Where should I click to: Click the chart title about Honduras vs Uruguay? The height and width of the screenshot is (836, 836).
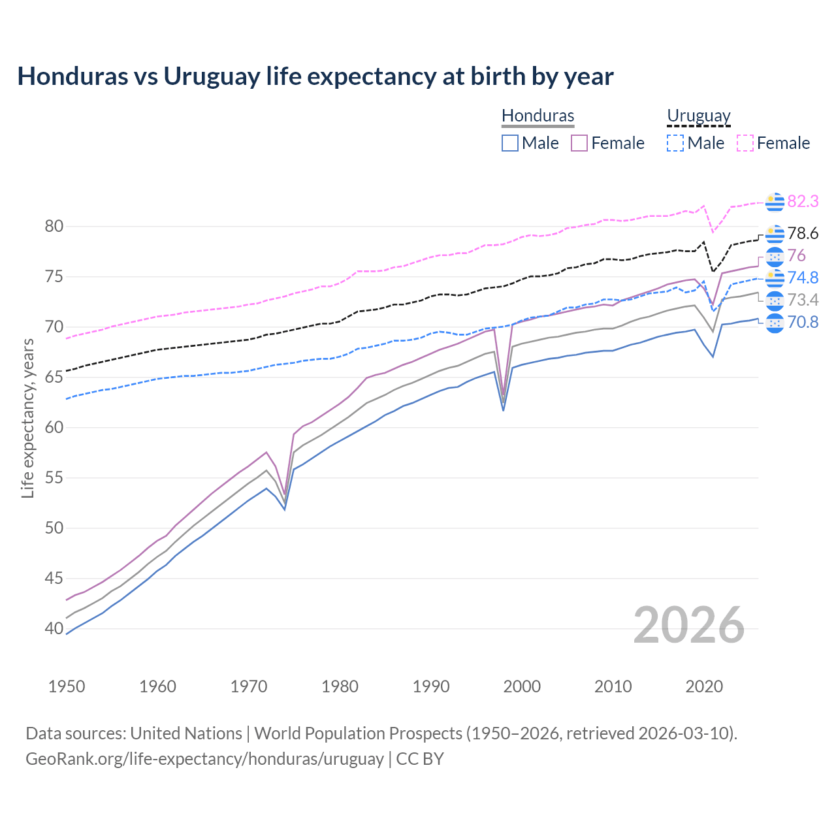pos(315,76)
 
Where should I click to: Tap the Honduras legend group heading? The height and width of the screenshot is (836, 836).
pos(538,116)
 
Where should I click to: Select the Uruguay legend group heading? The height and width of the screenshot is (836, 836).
pos(698,116)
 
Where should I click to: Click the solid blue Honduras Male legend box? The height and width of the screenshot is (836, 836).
pos(510,143)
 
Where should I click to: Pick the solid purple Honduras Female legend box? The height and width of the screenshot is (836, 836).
pos(579,143)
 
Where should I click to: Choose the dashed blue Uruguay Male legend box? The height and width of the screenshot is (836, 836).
pos(675,143)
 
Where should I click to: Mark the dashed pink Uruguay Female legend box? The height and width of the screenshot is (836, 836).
pos(745,143)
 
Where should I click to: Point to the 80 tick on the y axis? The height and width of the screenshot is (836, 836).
pos(54,227)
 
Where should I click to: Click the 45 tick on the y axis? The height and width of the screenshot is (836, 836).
pos(54,579)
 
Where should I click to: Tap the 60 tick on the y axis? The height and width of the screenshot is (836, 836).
pos(54,428)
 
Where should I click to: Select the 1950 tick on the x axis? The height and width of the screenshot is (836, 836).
pos(67,686)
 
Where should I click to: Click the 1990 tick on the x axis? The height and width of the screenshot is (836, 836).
pos(431,686)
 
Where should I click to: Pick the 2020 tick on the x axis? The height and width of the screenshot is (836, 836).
pos(704,686)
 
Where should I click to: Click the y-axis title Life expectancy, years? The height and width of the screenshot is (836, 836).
pos(27,418)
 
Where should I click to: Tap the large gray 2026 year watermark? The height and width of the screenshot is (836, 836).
pos(689,625)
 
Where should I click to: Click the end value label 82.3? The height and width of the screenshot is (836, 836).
pos(803,202)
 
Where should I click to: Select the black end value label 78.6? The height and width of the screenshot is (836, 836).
pos(803,234)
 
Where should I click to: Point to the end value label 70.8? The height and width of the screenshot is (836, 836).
pos(803,323)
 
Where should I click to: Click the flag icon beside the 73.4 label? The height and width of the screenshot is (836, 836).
pos(775,300)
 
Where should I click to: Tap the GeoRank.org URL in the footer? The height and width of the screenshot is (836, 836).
pos(204,759)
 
